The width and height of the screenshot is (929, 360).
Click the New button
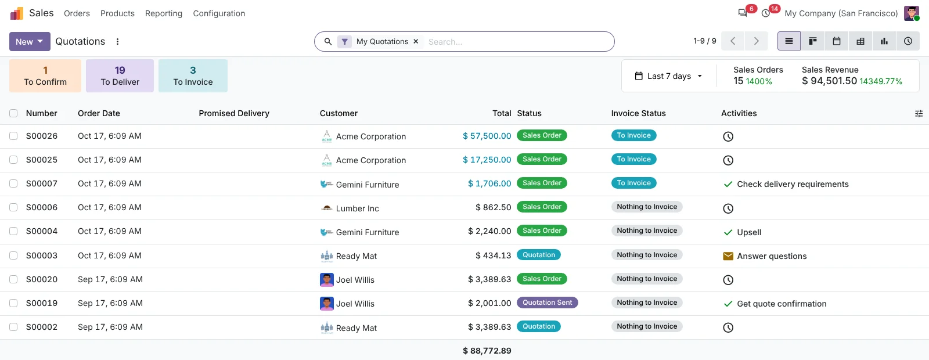[30, 41]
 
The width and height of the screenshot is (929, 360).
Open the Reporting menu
[163, 13]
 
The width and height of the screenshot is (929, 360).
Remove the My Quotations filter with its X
[416, 41]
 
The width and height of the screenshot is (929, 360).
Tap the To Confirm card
[45, 75]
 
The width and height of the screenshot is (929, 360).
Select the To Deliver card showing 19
[120, 75]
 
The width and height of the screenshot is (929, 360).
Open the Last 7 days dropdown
[668, 76]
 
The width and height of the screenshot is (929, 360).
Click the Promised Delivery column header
[234, 113]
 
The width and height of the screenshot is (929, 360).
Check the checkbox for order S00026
[13, 136]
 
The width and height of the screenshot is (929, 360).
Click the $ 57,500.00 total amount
[487, 136]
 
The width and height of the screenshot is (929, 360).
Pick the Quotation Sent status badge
[547, 303]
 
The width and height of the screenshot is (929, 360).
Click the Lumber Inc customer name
[357, 208]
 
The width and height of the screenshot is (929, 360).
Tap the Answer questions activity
[772, 256]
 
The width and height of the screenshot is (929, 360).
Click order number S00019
[41, 303]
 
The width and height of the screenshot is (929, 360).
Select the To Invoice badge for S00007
[633, 183]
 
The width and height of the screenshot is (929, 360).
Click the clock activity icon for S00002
[728, 327]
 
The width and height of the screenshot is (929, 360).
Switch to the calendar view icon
[837, 41]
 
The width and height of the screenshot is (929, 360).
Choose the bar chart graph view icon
[884, 41]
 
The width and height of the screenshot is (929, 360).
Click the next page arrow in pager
[756, 41]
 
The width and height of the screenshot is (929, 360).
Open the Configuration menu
[219, 13]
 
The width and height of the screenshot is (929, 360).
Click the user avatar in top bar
[912, 13]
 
